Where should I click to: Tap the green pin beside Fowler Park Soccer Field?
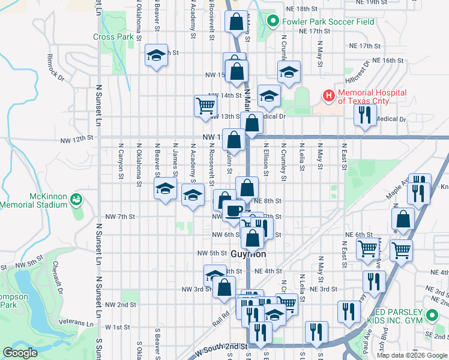coord(273,22)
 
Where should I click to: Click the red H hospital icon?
coord(328,94)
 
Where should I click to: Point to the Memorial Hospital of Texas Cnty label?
coord(372,97)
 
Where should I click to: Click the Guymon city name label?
coord(248,254)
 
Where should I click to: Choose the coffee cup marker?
coord(233,210)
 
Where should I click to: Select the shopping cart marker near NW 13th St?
coord(205,106)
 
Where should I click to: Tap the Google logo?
coord(20,353)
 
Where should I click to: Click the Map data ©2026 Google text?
coord(412,355)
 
